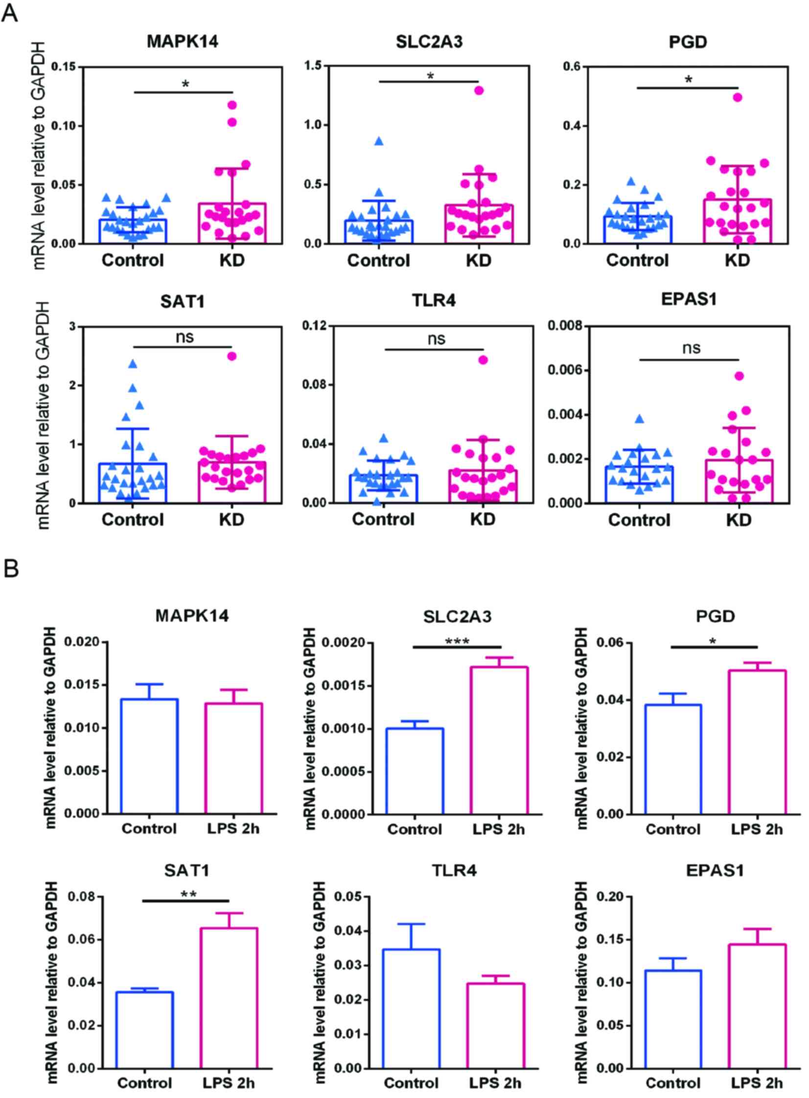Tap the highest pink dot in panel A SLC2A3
[479, 90]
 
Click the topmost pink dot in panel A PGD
[738, 97]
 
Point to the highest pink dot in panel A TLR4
[483, 360]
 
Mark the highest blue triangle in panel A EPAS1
[640, 419]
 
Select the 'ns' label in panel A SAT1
[185, 337]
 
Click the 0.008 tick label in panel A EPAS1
[565, 325]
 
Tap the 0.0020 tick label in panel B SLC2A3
[342, 643]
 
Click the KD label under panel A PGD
[738, 260]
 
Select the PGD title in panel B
[715, 617]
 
